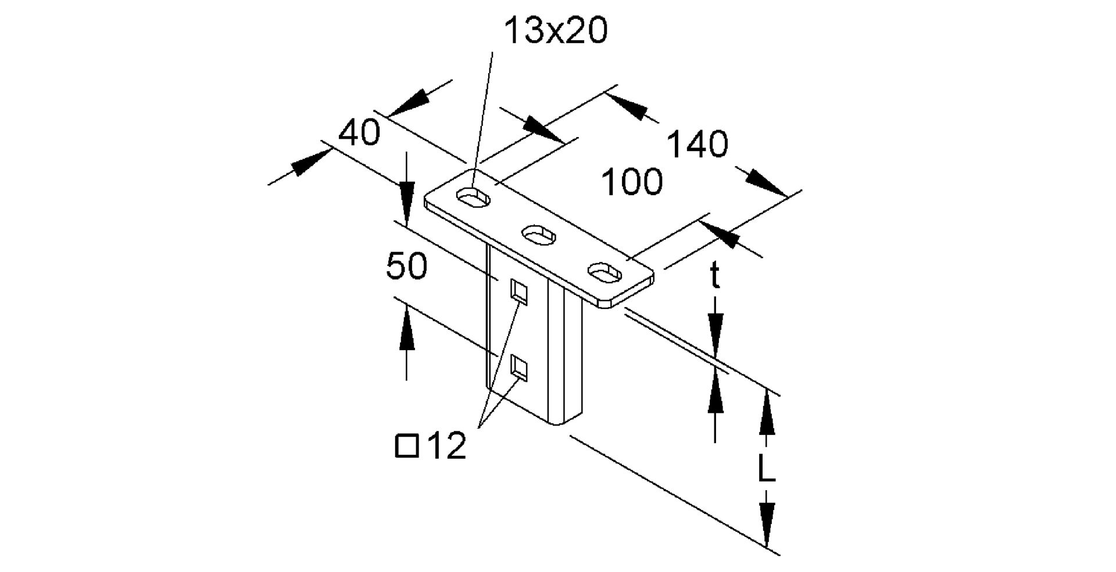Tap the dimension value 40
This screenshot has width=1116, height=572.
coord(360,132)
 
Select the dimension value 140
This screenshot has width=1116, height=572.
coord(696,145)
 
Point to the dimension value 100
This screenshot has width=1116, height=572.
coord(631,182)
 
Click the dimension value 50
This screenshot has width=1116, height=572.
coord(406,267)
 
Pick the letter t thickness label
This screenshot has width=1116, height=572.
coord(715,276)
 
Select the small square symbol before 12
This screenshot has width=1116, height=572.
coord(406,446)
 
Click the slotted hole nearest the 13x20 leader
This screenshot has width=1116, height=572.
coord(474,197)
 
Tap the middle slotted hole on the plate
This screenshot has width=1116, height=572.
coord(540,234)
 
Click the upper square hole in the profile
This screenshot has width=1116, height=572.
coord(518,292)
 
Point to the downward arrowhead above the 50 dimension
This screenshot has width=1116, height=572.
coord(406,195)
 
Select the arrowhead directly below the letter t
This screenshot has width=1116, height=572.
coord(716,326)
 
